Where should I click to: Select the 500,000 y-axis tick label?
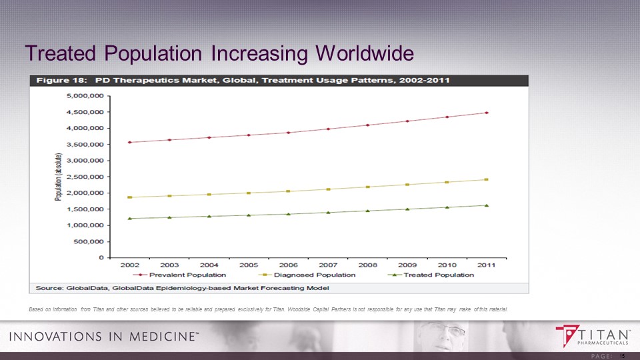[x=91, y=241]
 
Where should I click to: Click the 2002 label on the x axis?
[x=129, y=265]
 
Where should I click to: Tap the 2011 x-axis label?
[x=486, y=265]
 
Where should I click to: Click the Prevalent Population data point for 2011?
[x=487, y=113]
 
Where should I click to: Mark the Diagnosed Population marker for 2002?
[x=130, y=197]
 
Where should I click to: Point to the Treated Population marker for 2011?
[x=487, y=205]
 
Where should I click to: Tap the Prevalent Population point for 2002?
[x=130, y=142]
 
